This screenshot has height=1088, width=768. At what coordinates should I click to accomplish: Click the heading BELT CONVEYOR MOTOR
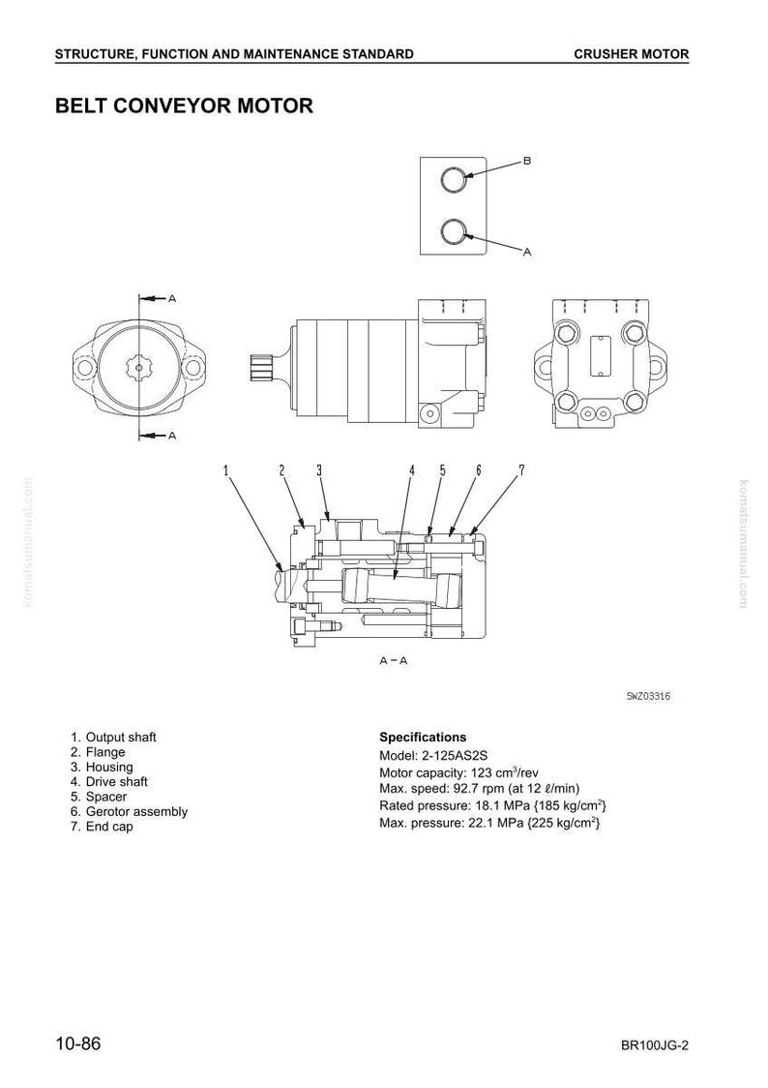pos(184,106)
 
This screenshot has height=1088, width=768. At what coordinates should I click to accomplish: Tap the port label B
pos(527,161)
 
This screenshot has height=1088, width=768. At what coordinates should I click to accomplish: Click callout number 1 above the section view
pos(226,470)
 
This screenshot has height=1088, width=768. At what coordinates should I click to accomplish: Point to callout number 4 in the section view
pos(411,470)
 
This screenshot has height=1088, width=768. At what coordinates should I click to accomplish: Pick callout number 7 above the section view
pos(521,470)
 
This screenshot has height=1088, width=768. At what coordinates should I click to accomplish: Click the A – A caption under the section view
pos(393,660)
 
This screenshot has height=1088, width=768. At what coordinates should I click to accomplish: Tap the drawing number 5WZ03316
pos(648,696)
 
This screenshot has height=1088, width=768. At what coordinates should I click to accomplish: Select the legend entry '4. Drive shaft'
pos(109,782)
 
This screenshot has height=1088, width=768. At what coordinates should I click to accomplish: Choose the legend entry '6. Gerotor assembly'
pos(129,812)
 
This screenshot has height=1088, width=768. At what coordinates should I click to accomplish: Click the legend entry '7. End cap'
pos(102,827)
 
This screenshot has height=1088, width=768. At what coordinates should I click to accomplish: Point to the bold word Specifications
pos(423,738)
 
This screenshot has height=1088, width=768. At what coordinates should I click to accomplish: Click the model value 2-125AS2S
pos(455,756)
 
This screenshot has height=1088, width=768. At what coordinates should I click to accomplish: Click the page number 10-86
pos(78,1043)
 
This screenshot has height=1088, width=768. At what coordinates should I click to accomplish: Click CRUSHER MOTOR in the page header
pos(632,54)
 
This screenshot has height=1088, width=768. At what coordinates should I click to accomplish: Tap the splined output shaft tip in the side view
pos(260,368)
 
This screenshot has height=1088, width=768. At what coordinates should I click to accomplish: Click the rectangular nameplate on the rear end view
pos(599,355)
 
